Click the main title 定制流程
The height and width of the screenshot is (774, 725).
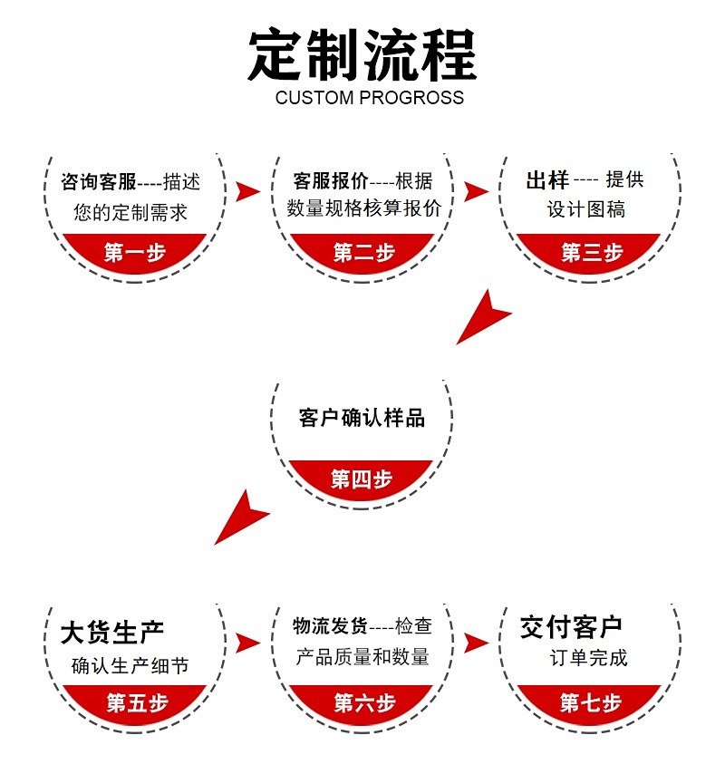coord(362,56)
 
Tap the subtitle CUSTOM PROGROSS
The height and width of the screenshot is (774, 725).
coord(369,98)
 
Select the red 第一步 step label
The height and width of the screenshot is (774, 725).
coord(135,253)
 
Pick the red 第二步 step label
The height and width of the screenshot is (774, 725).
coord(363,253)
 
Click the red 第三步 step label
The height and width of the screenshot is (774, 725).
coord(592,253)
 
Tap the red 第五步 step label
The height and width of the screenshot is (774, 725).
coord(137,701)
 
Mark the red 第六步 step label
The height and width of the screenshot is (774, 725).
coord(363,701)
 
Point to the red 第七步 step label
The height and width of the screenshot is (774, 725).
coord(590,701)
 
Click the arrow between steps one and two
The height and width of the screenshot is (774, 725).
coord(246,191)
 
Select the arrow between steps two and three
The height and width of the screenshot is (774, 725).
coord(475,191)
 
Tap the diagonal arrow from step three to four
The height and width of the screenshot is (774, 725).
coord(483,317)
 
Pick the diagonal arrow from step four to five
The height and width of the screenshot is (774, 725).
coord(242,517)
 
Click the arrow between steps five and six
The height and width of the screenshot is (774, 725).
coord(246,643)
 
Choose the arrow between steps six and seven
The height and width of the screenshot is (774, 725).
coord(475,643)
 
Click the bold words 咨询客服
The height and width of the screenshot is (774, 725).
coord(98,182)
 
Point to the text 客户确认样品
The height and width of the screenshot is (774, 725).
coord(362,418)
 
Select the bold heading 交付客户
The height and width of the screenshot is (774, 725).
coord(571,626)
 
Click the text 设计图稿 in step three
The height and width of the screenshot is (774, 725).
coord(586,209)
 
